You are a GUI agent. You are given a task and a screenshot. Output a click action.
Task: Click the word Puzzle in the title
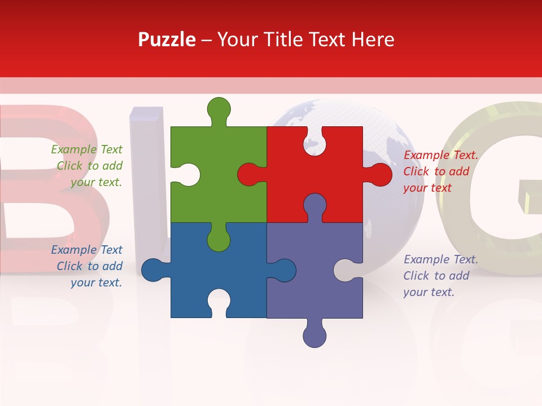tap(167, 40)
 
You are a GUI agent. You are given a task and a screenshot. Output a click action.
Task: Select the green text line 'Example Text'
tap(86, 149)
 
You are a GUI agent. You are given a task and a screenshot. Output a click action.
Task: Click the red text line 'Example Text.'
tap(441, 155)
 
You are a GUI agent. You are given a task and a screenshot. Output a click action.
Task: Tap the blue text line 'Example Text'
tap(86, 250)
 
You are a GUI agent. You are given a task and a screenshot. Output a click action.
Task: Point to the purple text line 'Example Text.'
tap(441, 259)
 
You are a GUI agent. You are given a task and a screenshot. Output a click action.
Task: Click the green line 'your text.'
tap(96, 182)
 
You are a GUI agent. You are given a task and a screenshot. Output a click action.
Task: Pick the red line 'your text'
tap(427, 188)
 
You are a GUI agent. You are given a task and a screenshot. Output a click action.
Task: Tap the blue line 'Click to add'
tap(89, 266)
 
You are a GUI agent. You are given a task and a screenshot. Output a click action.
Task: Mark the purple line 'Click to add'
tap(436, 276)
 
